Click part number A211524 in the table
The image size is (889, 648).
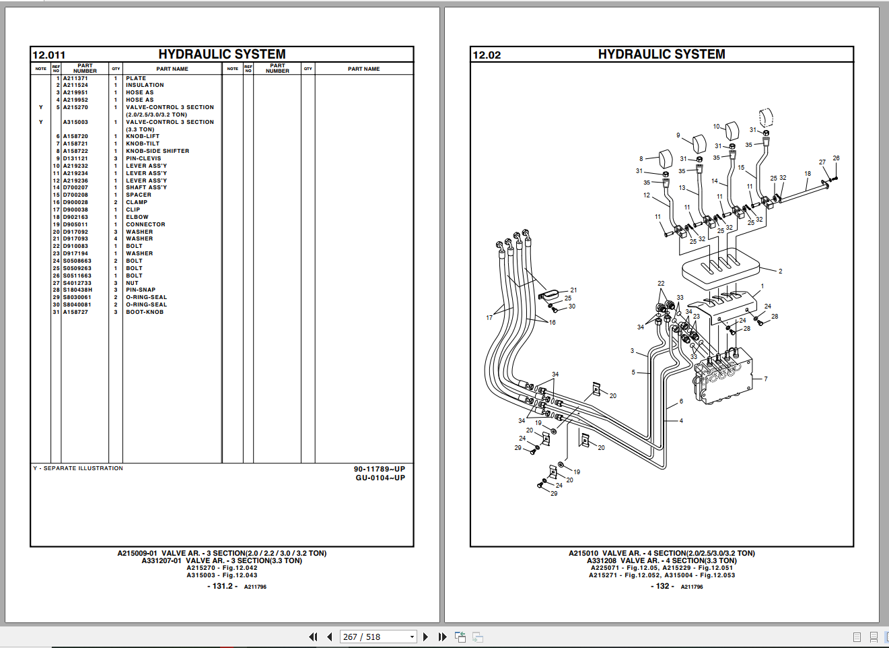tap(75, 86)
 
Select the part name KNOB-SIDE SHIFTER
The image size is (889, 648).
tap(157, 152)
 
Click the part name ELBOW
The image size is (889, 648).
tap(137, 218)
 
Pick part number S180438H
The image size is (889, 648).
tap(77, 290)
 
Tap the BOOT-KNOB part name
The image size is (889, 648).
tap(144, 313)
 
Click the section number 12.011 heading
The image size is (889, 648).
tap(49, 55)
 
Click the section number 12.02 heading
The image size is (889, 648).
tap(487, 55)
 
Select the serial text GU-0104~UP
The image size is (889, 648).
tap(380, 478)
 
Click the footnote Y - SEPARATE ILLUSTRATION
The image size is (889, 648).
tap(78, 468)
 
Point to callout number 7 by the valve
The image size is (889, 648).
tap(765, 379)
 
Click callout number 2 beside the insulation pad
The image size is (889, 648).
tap(780, 271)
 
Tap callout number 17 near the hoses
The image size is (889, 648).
tap(489, 318)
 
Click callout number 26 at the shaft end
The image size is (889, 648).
tap(836, 159)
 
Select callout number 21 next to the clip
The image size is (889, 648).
tap(573, 290)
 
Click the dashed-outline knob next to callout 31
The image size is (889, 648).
tap(766, 117)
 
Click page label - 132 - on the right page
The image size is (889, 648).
tap(663, 586)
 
